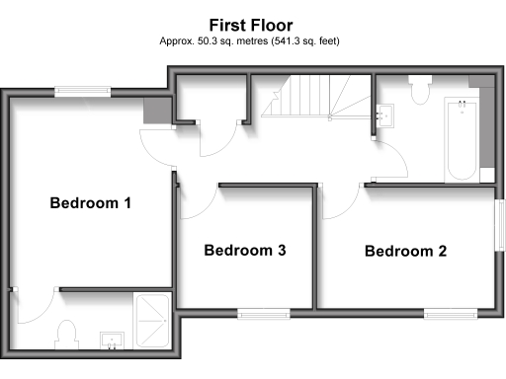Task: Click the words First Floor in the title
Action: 250,23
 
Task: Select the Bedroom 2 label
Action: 405,251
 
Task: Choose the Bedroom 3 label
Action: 245,251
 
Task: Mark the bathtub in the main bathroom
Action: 461,139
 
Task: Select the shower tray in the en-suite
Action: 151,321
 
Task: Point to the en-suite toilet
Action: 68,335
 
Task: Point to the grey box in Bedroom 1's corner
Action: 155,112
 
